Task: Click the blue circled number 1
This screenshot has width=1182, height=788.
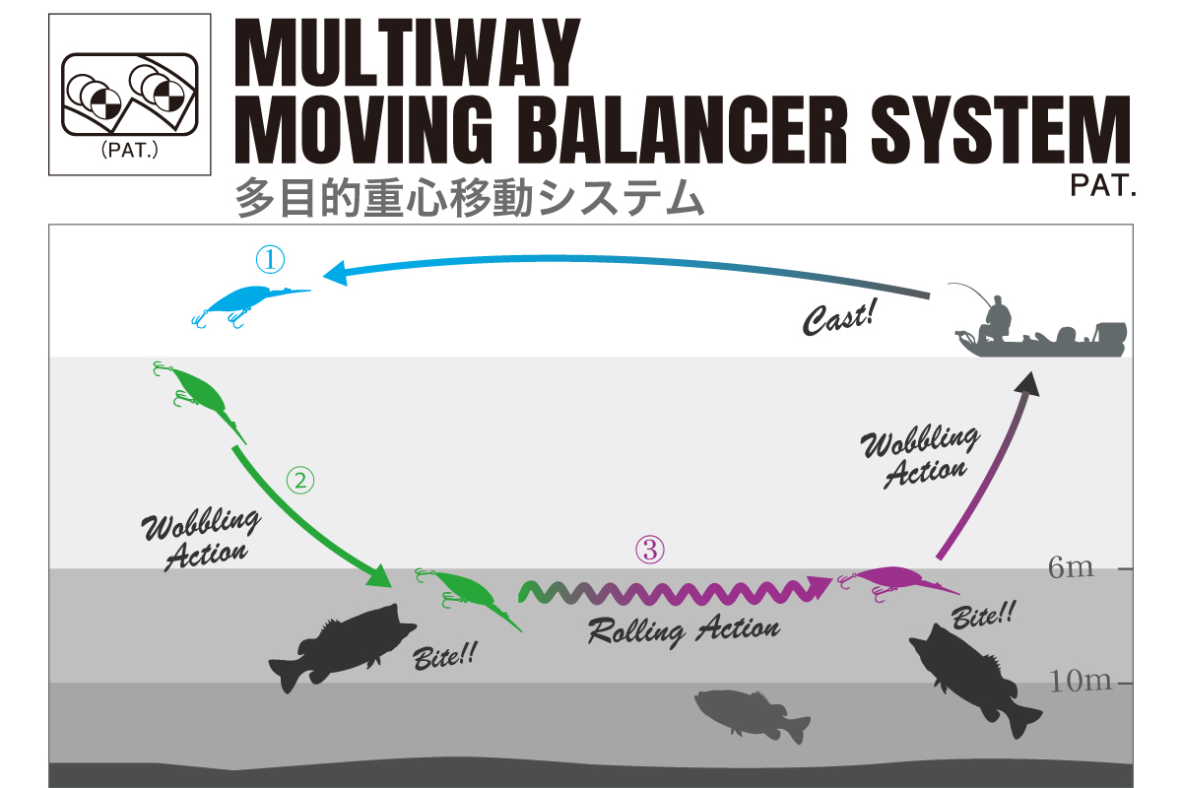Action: (270, 260)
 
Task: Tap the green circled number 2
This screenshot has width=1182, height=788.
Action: (300, 481)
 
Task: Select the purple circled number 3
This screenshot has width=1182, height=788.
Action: (649, 550)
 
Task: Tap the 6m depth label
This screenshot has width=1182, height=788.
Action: (1071, 568)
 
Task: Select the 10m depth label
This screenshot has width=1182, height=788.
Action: (1081, 681)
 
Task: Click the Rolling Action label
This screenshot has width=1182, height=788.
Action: (684, 629)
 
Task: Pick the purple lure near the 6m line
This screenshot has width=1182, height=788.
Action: (897, 583)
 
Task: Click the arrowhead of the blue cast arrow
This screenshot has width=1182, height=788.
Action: (336, 274)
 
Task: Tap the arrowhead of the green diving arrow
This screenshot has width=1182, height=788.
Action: (379, 576)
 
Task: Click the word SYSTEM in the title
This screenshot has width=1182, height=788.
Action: (1001, 129)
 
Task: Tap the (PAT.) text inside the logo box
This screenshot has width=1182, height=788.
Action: (129, 151)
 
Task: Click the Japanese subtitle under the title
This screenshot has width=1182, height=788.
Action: (469, 198)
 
